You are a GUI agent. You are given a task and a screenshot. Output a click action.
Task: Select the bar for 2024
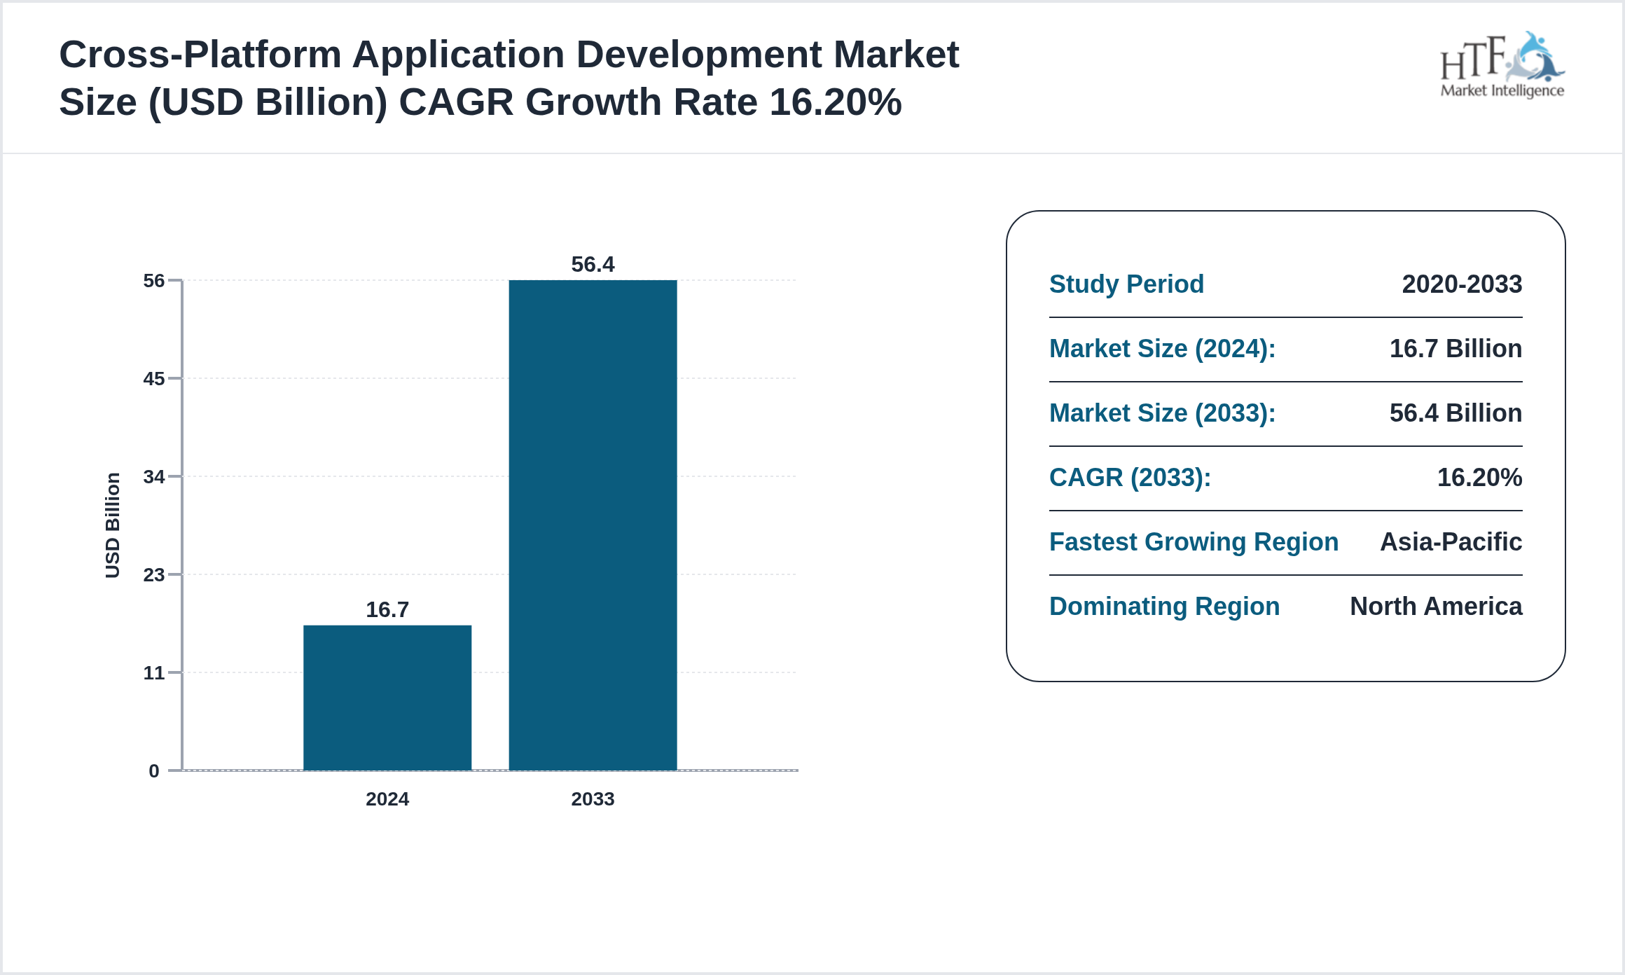tap(387, 698)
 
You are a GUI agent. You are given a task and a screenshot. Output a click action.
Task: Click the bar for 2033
tap(593, 525)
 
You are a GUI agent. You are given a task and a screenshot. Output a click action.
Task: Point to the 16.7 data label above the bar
tap(387, 609)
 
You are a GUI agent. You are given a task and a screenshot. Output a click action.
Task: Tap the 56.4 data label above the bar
tap(593, 264)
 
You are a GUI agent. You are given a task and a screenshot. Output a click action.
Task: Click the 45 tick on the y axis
tap(154, 379)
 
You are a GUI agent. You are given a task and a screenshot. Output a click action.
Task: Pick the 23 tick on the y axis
tap(154, 575)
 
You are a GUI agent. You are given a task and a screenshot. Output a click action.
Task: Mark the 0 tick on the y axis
tap(154, 771)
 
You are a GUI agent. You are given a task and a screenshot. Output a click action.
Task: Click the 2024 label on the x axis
tap(387, 799)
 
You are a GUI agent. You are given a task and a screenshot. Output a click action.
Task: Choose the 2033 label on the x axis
tap(593, 799)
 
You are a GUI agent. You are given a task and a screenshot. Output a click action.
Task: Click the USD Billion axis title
tap(113, 525)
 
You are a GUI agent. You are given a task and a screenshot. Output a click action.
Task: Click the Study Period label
tap(1126, 284)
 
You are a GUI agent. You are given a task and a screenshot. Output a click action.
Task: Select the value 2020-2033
tap(1462, 284)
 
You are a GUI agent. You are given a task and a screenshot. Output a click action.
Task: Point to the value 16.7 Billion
tap(1455, 349)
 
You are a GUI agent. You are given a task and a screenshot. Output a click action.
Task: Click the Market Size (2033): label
tap(1162, 413)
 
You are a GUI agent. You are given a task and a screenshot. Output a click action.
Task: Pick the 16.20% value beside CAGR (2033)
tap(1479, 478)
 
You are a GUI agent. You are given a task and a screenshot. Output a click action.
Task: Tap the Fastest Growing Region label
tap(1194, 542)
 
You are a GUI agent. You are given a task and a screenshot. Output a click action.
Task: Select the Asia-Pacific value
tap(1451, 542)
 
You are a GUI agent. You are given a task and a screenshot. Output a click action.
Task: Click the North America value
tap(1436, 607)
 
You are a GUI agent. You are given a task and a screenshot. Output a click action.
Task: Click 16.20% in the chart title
tap(835, 102)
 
